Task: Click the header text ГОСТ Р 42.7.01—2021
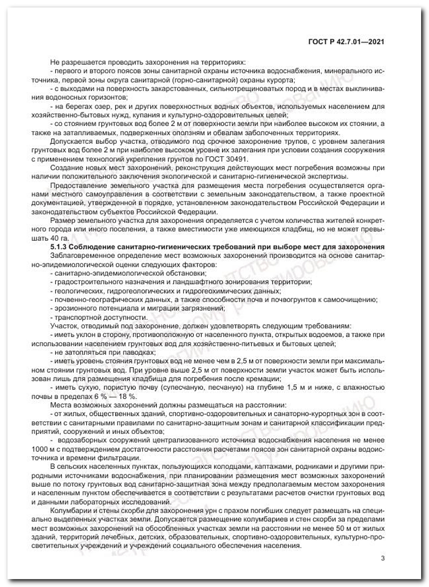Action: tap(346, 42)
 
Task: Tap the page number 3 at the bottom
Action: tap(382, 558)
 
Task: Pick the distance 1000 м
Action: tap(40, 449)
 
